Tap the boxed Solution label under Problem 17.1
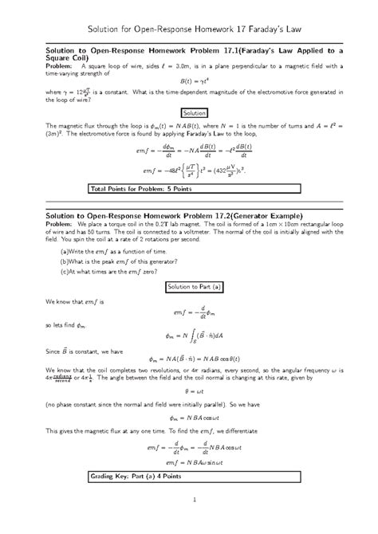189,114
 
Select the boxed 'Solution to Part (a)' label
189,286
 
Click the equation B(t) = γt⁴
188,80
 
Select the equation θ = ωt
189,392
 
